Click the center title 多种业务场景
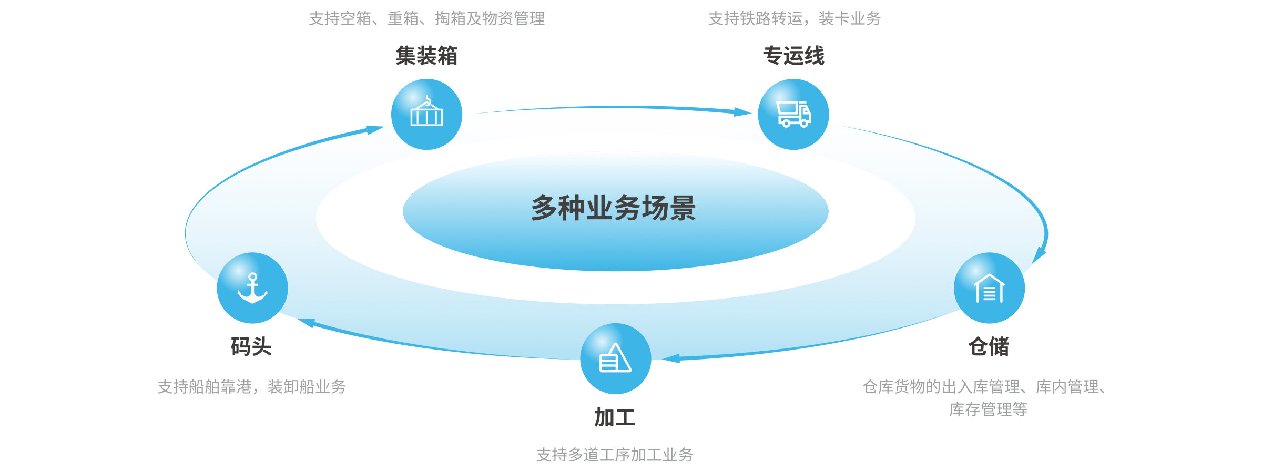click(x=613, y=208)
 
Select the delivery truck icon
click(x=793, y=114)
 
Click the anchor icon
click(x=252, y=288)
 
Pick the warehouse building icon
click(x=989, y=288)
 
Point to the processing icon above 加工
click(x=615, y=358)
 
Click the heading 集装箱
click(x=426, y=56)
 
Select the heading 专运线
click(x=793, y=56)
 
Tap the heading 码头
click(x=251, y=347)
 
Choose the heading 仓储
click(x=989, y=347)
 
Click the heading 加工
click(x=615, y=417)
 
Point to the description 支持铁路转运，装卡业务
click(x=794, y=19)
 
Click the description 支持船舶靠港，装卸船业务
click(x=251, y=387)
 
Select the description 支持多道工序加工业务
click(x=615, y=455)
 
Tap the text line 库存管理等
click(x=988, y=409)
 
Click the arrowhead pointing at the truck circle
click(x=742, y=112)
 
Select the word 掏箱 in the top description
click(x=450, y=19)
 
